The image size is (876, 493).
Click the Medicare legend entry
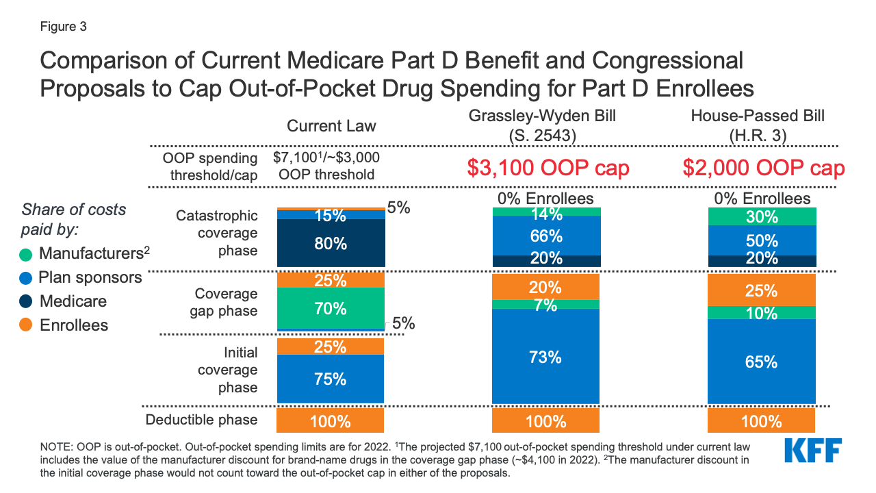click(73, 301)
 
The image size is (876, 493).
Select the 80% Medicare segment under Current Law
click(331, 243)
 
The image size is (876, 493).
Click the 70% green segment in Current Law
click(331, 308)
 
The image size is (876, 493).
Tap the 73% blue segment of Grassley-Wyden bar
click(545, 357)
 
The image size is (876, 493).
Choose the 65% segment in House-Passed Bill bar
click(761, 362)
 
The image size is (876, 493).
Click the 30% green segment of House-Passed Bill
click(761, 217)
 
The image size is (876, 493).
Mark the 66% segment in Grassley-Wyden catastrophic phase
click(545, 236)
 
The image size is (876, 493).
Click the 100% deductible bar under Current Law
click(331, 420)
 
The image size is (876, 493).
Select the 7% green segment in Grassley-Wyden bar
click(545, 305)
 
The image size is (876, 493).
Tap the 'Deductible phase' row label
click(201, 420)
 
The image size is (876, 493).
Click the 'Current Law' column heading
click(331, 126)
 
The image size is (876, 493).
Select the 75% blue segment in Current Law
click(331, 379)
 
